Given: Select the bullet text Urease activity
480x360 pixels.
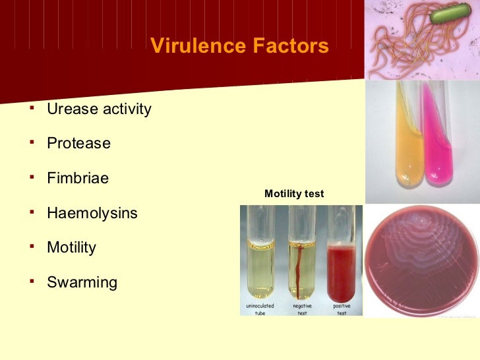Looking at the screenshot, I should (99, 109).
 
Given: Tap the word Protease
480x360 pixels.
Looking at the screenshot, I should (78, 143).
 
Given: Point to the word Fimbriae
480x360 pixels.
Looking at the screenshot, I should (78, 178).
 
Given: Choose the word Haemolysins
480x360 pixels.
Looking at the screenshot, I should (92, 213).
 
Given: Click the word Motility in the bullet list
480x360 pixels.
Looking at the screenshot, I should (71, 248).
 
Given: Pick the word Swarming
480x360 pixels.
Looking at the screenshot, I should (82, 283).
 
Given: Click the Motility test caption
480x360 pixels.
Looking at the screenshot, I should (294, 194).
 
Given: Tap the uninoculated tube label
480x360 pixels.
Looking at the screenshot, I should (260, 309).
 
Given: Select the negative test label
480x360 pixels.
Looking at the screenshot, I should (303, 309).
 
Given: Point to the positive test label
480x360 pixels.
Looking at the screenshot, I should (342, 309).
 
